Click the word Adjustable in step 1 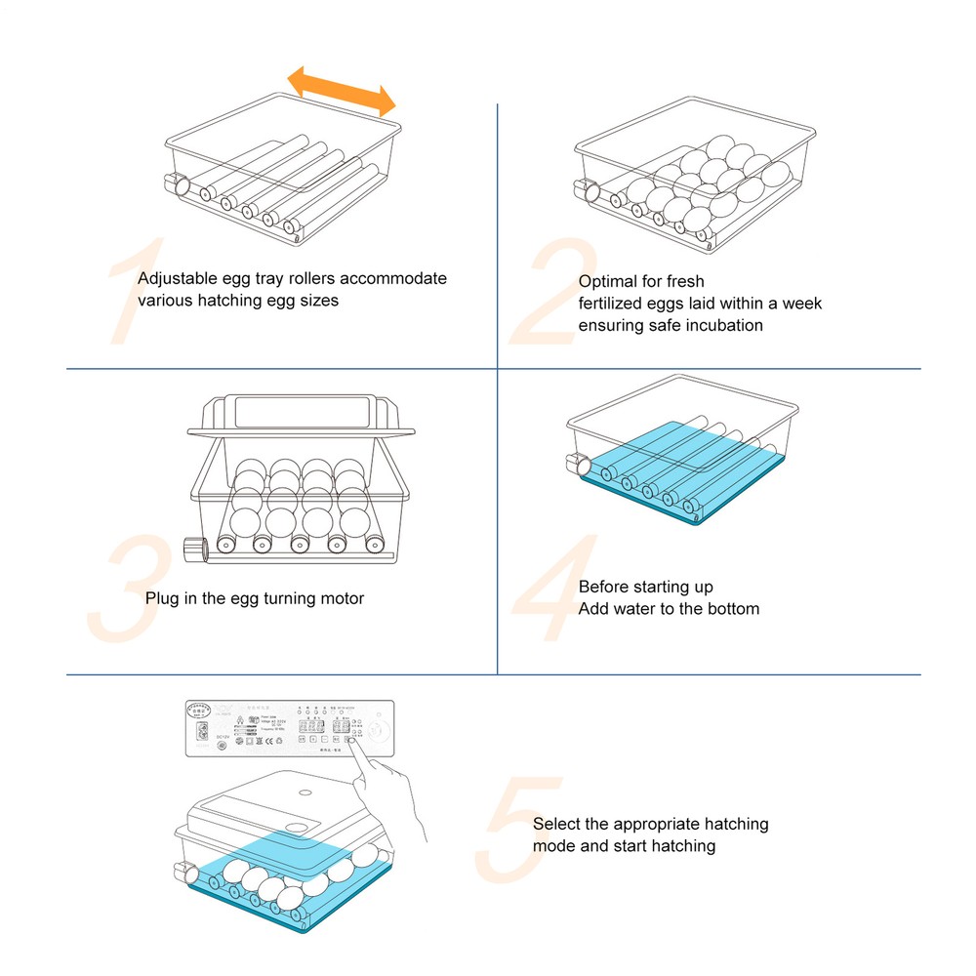(x=177, y=278)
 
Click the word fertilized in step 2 (x=613, y=304)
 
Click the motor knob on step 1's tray (x=176, y=184)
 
